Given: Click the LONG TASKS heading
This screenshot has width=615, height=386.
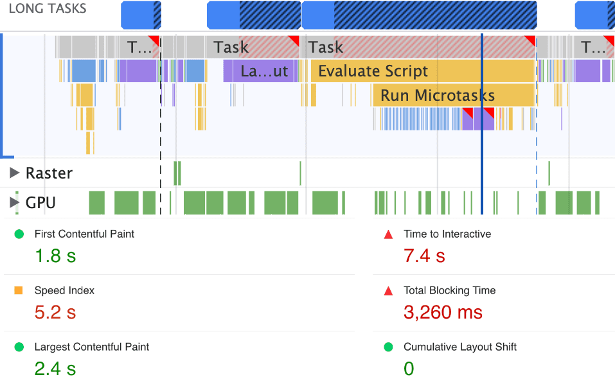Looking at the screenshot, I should click(48, 9).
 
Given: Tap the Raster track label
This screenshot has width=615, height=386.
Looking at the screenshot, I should click(49, 173).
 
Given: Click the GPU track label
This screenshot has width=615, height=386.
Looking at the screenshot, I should click(40, 203).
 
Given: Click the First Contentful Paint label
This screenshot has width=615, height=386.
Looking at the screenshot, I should click(84, 234).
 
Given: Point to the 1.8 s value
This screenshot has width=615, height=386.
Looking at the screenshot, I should click(55, 256).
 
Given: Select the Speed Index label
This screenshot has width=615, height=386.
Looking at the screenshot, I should click(64, 290).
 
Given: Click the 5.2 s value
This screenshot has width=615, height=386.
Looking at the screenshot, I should click(55, 313).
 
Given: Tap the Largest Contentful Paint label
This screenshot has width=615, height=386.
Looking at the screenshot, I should click(92, 347).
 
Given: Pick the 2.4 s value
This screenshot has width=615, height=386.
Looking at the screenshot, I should click(55, 369).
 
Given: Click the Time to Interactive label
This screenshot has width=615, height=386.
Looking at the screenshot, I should click(447, 234).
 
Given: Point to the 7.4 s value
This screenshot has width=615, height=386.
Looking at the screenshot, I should click(424, 256).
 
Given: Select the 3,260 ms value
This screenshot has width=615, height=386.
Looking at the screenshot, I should click(443, 313).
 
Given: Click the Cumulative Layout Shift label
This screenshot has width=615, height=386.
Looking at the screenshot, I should click(460, 347).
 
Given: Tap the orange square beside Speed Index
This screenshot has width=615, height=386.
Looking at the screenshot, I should click(19, 291).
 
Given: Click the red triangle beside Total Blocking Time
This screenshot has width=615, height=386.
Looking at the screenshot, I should click(388, 291).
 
